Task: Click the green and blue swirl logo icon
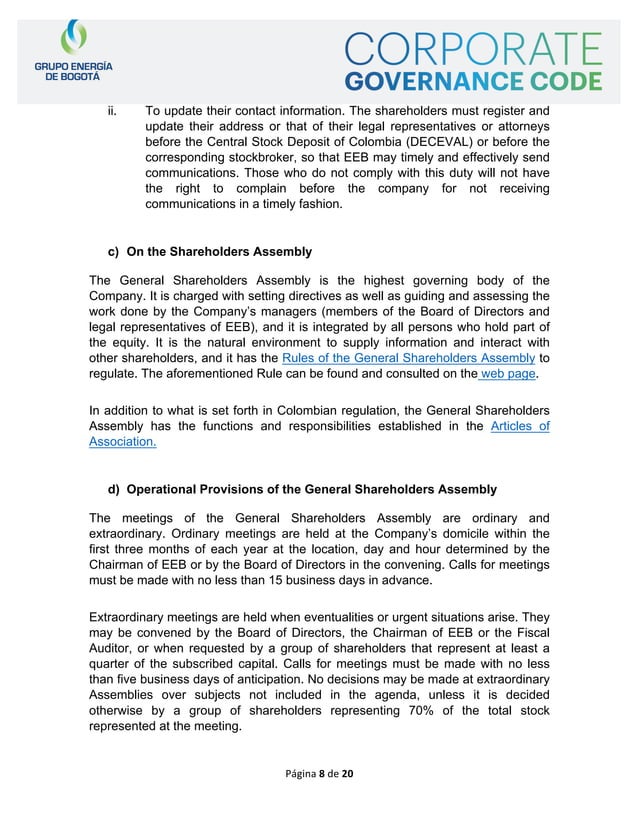67,38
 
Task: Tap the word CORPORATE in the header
474,49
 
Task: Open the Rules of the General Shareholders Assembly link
409,358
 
